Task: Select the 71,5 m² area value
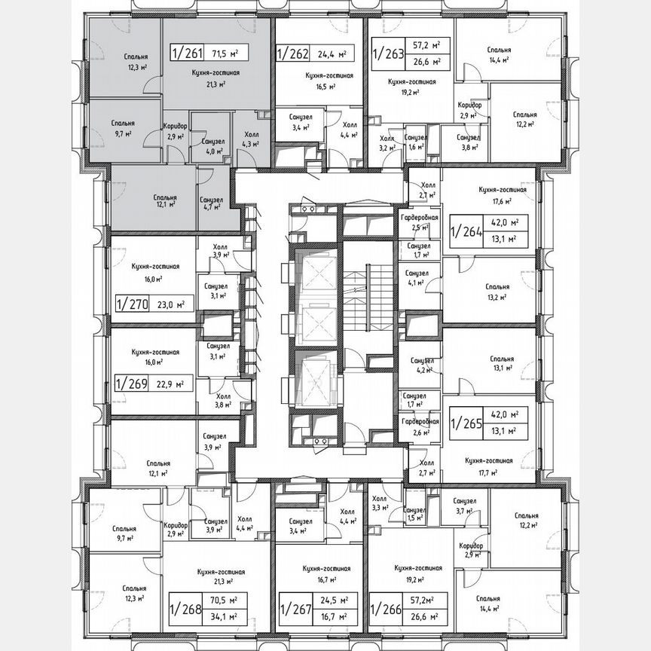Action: [225, 53]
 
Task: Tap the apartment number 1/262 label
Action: [292, 53]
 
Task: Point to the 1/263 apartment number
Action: [388, 53]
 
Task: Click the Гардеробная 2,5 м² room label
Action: [415, 222]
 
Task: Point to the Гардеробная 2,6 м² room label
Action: [415, 427]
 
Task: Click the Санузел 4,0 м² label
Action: [203, 145]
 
